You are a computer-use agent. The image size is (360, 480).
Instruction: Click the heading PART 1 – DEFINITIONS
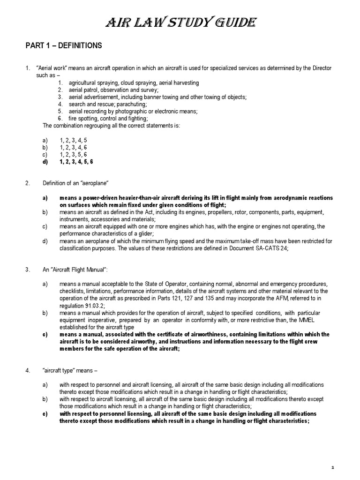(63, 46)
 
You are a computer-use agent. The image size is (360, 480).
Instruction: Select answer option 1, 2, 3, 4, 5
(73, 140)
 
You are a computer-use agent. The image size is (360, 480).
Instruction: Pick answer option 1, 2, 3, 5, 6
(73, 154)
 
